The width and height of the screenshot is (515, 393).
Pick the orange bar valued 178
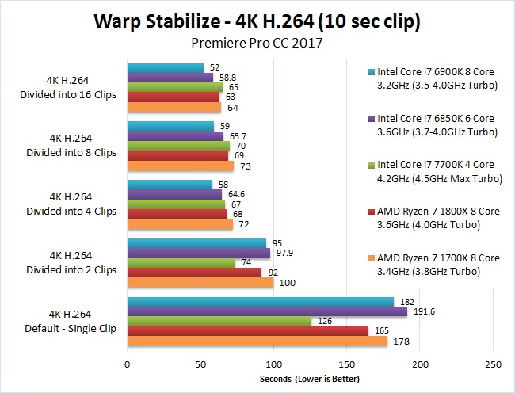pos(257,341)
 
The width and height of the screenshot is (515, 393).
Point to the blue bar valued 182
pos(261,302)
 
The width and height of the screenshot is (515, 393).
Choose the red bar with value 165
pos(248,331)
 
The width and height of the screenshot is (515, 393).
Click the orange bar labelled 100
pos(200,282)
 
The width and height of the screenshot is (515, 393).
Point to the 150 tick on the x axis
pos(347,364)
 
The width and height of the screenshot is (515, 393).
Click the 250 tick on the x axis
pos(494,364)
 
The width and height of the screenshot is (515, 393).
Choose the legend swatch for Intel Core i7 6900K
pos(372,68)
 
